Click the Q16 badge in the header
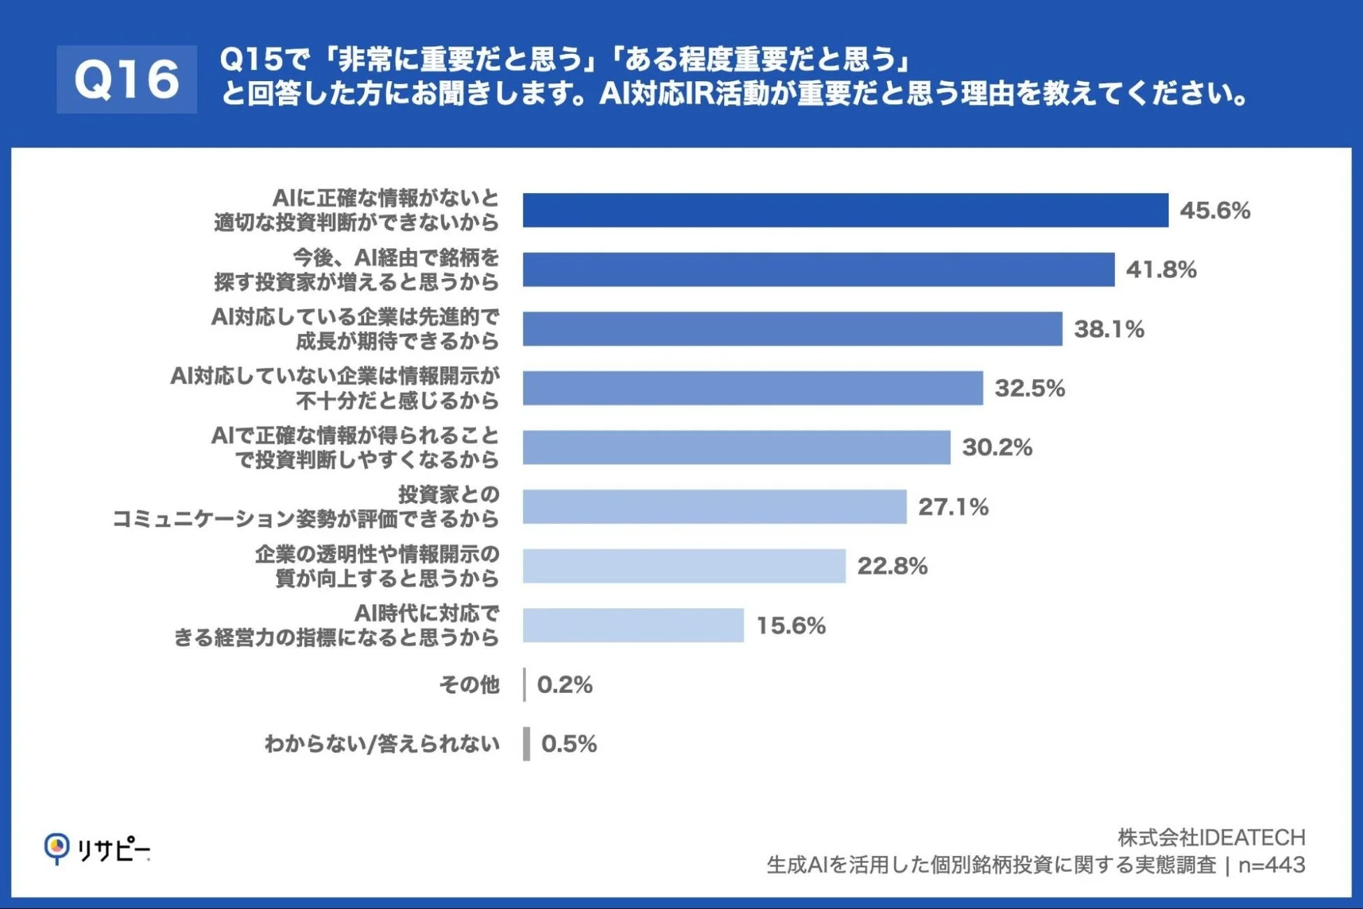[127, 79]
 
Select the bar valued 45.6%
[845, 210]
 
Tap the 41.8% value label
[1161, 269]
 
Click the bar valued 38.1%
[792, 329]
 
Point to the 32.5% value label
[1030, 388]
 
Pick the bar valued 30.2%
[736, 448]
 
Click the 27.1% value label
[953, 507]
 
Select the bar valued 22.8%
[684, 566]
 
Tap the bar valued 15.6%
[633, 625]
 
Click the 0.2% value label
[565, 685]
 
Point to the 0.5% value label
[569, 744]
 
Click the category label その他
[469, 685]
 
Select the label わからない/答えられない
[382, 744]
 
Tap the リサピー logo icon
[57, 847]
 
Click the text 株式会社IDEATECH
[1211, 837]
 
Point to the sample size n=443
[1271, 866]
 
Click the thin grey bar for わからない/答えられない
[526, 744]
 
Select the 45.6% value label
[1215, 210]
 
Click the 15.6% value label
[791, 625]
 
